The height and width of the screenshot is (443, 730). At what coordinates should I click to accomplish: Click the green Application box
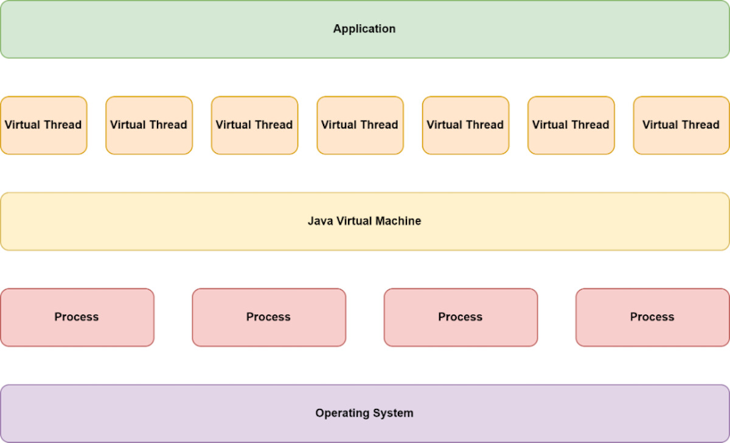point(364,29)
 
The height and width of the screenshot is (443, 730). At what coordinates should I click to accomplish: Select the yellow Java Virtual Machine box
point(364,221)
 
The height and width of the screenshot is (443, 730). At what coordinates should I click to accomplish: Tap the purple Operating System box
point(364,414)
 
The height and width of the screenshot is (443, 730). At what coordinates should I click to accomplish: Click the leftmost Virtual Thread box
point(43,125)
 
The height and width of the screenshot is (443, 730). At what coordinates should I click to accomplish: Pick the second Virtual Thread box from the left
point(149,125)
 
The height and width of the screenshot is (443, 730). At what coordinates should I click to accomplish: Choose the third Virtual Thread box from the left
point(254,125)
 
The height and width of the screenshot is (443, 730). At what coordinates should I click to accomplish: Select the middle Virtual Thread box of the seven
point(360,125)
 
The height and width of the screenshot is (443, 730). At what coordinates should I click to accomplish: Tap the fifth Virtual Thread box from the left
point(465,125)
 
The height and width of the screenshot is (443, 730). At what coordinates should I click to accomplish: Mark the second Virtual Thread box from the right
point(571,125)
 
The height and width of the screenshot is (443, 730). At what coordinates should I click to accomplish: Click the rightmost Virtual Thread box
point(681,125)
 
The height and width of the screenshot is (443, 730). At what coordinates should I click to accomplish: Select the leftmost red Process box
point(77,317)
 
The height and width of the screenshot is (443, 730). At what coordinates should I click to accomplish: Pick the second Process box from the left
point(268,317)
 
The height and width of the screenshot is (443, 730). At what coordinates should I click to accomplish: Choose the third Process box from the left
point(461,317)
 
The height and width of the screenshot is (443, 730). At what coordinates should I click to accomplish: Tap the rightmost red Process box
point(652,317)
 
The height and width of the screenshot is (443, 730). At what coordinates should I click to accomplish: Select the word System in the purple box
point(394,413)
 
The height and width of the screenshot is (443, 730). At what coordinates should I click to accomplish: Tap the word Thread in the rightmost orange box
point(700,125)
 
